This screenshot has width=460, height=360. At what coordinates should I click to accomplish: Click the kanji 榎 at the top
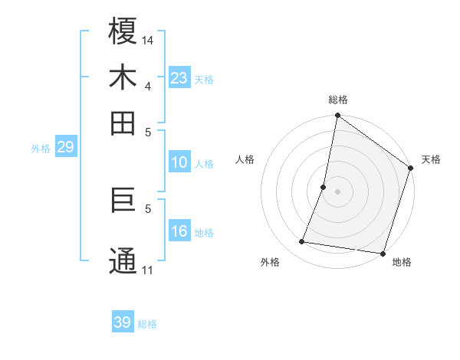(123, 32)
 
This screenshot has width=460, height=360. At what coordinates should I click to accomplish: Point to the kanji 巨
(123, 201)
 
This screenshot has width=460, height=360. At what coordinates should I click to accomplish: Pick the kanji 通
(123, 260)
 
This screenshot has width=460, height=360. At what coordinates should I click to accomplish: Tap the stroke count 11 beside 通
(148, 270)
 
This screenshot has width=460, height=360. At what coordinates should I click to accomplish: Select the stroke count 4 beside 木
(148, 85)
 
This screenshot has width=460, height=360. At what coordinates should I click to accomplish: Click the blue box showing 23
(179, 77)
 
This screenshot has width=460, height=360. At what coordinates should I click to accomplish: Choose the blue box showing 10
(179, 162)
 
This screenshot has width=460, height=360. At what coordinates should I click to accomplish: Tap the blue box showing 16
(179, 232)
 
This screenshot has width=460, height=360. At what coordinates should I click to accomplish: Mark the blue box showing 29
(65, 147)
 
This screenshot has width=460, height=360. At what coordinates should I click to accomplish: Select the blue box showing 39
(122, 322)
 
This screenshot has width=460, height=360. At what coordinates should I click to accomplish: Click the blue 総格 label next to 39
(147, 324)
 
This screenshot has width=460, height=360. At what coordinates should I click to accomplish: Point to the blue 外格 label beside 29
(40, 149)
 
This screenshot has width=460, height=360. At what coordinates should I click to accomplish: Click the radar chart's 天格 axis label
(431, 159)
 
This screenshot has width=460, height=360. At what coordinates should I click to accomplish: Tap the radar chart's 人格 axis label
(245, 159)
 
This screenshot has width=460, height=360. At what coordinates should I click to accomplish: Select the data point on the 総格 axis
(337, 116)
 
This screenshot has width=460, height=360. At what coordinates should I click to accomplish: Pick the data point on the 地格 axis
(382, 253)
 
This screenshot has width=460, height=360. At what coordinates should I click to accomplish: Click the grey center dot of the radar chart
(337, 191)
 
